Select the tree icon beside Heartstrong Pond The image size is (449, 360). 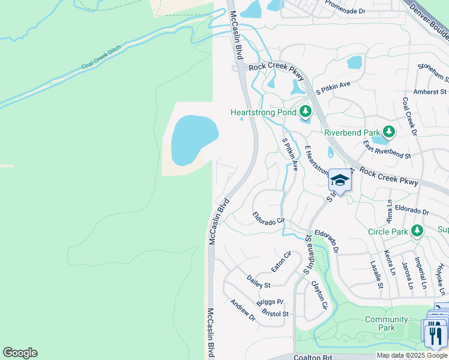coord(306,112)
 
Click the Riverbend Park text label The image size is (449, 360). coord(352,133)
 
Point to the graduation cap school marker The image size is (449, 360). coord(340,180)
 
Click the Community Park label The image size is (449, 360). coord(386,323)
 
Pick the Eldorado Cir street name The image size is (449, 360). coord(268,218)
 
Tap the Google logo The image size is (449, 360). coord(20,353)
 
